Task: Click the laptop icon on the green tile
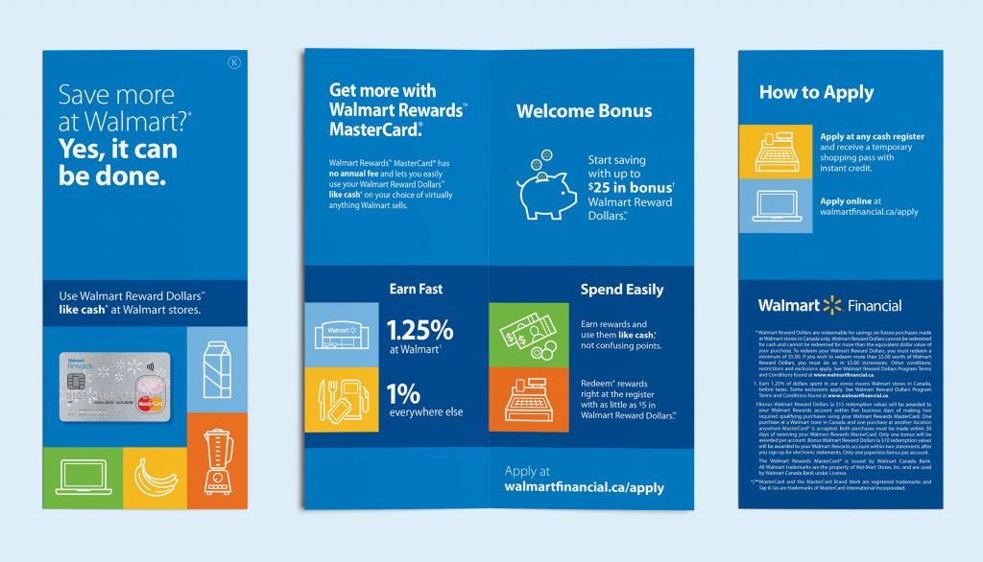[82, 477]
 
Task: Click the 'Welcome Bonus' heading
[584, 111]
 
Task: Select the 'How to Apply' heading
[816, 92]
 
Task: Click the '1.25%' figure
[420, 330]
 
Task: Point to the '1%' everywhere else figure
[403, 393]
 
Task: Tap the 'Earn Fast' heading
[416, 289]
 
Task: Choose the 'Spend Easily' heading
[621, 290]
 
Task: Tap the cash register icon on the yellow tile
[775, 150]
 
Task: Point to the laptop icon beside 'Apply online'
[775, 205]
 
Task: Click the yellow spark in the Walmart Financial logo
[831, 306]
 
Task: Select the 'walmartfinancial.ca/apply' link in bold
[584, 487]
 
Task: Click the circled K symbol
[233, 63]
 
